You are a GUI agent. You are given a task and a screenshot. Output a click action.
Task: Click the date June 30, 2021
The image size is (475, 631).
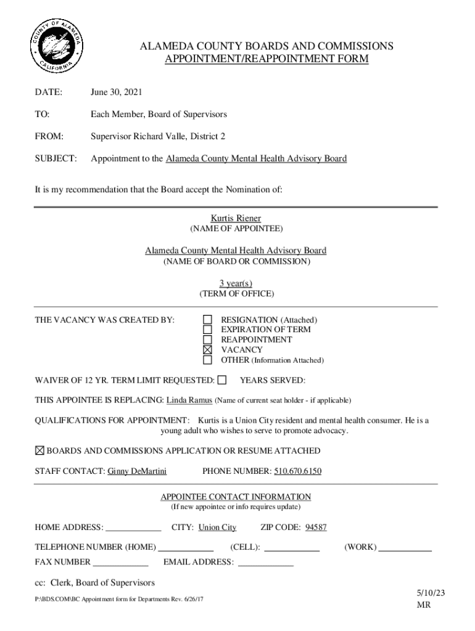[117, 92]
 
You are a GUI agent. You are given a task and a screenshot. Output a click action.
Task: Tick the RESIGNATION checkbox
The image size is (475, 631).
[208, 320]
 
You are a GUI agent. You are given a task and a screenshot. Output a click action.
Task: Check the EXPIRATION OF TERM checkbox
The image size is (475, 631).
[208, 330]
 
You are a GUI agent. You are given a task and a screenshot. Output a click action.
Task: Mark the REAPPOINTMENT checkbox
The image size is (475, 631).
[208, 340]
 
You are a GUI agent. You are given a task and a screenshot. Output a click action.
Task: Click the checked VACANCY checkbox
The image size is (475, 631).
[208, 350]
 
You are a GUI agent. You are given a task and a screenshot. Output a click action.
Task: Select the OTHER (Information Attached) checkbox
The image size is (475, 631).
[208, 360]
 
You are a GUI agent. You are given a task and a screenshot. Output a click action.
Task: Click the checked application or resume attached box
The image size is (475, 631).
[39, 451]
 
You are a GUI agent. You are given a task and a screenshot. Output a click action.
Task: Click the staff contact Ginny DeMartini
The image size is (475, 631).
[137, 471]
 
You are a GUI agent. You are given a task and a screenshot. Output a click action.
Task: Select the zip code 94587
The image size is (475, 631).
[316, 527]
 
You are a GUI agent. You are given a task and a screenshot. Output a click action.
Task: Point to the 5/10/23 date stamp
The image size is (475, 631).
[431, 593]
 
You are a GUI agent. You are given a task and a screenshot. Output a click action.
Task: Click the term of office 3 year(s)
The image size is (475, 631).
[236, 283]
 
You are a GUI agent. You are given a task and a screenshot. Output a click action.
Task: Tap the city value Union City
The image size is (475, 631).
[217, 527]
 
